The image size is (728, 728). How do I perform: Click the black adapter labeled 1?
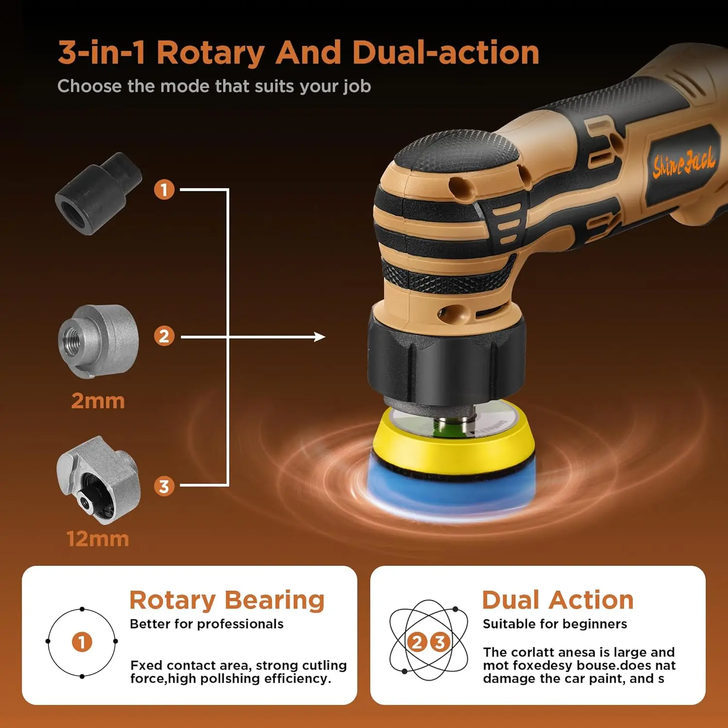click(x=99, y=194)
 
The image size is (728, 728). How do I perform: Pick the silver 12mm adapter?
click(x=99, y=480)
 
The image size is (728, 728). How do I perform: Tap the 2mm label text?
click(x=98, y=401)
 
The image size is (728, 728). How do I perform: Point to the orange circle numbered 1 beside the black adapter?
click(x=164, y=189)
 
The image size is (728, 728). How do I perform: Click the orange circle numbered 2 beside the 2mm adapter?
click(x=164, y=336)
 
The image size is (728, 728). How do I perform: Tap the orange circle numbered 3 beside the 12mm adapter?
click(x=164, y=486)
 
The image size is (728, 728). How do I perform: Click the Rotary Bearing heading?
click(x=227, y=600)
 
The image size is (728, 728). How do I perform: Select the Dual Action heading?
click(x=558, y=600)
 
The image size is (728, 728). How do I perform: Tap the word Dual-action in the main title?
click(x=446, y=52)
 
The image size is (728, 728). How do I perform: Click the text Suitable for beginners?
click(x=555, y=624)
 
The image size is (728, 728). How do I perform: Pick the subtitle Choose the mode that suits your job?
click(x=214, y=86)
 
